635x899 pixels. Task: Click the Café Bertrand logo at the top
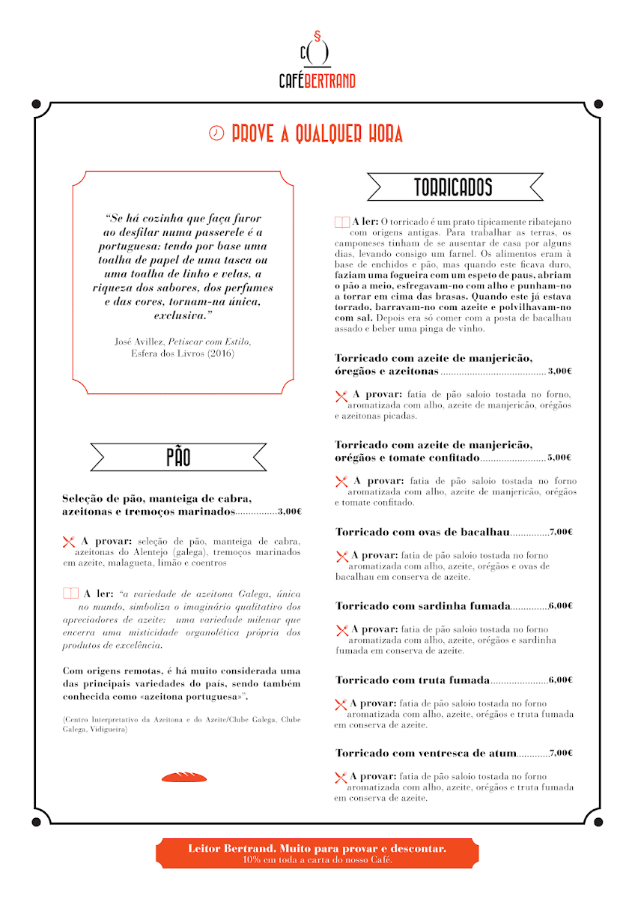[317, 60]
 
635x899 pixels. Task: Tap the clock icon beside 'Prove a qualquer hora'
[216, 133]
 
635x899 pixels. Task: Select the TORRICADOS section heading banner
[454, 187]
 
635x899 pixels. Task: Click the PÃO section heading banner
[178, 457]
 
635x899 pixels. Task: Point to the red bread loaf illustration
[183, 777]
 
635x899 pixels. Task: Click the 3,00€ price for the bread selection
[289, 512]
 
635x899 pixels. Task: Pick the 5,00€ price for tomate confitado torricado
[559, 457]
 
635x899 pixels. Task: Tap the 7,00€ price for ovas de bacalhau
[560, 532]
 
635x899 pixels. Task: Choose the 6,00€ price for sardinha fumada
[560, 605]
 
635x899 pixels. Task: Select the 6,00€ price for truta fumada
[560, 679]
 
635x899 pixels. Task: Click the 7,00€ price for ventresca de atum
[560, 753]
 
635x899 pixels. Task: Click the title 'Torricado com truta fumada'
[412, 679]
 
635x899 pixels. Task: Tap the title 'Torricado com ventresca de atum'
[425, 753]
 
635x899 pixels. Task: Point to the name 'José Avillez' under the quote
[138, 341]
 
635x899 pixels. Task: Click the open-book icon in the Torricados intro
[341, 222]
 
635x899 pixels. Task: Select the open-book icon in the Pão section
[70, 593]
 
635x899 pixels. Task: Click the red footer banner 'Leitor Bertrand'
[317, 853]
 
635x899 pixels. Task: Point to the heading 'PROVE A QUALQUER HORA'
[317, 134]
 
